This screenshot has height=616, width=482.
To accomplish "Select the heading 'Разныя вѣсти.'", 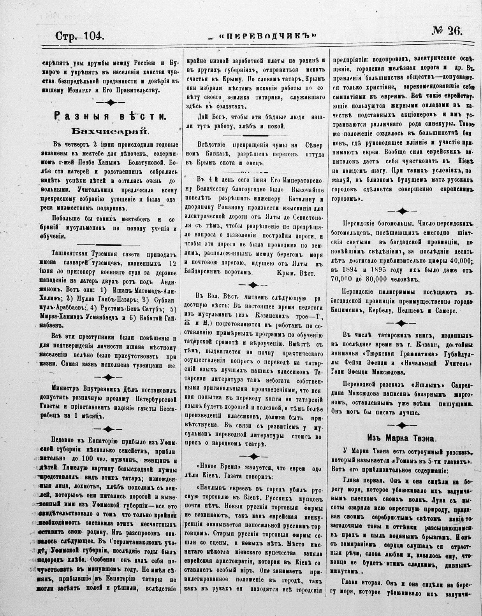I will pos(110,115).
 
